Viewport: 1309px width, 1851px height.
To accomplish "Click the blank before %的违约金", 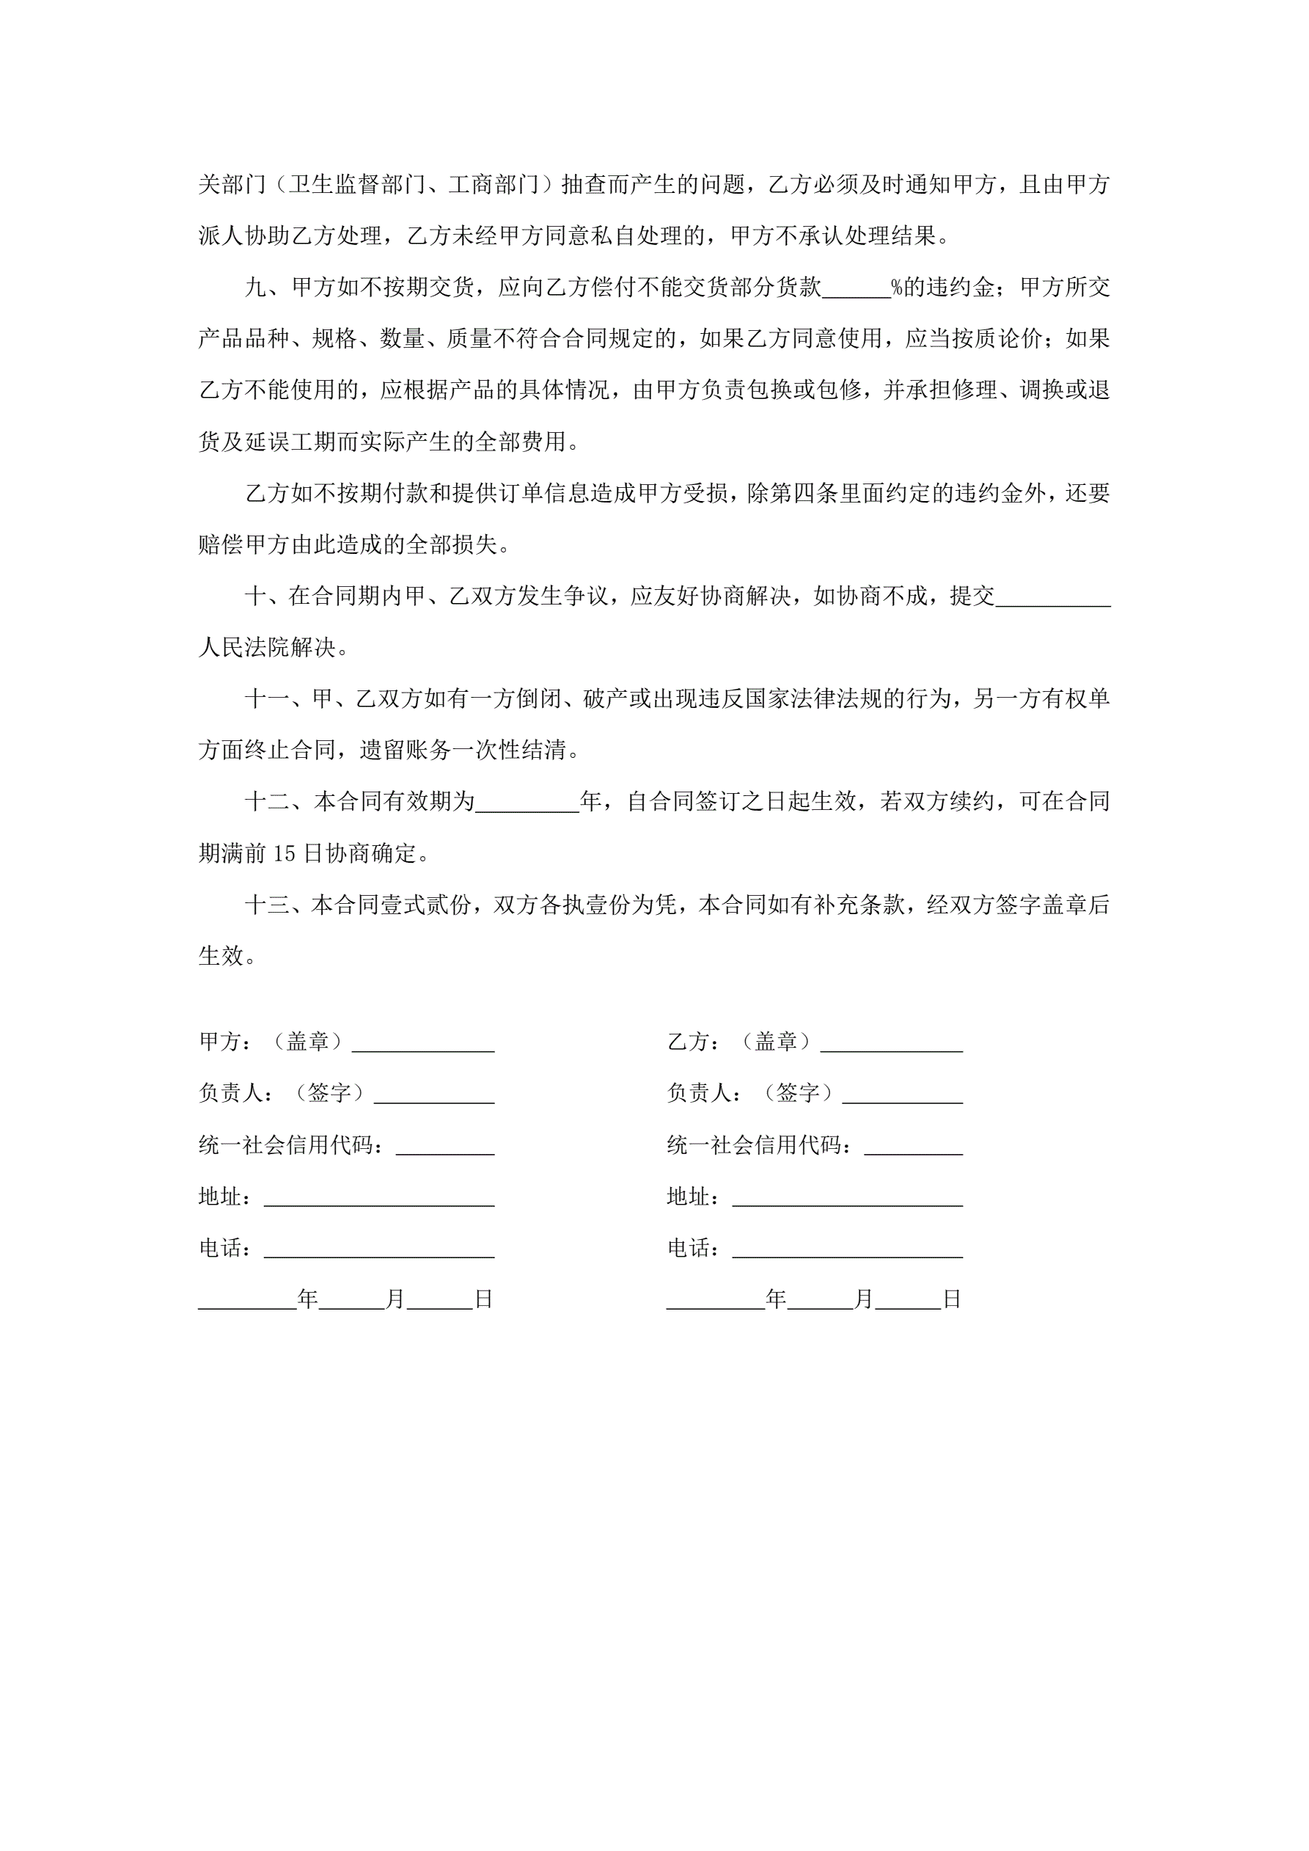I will (856, 288).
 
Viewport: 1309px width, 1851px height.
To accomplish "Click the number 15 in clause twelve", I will (285, 854).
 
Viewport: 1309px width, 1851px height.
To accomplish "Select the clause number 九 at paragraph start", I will (255, 288).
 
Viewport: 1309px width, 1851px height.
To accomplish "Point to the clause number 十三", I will (266, 905).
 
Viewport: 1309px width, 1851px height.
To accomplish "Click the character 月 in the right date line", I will (863, 1299).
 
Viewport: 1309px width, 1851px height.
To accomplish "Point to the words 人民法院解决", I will (266, 648).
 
